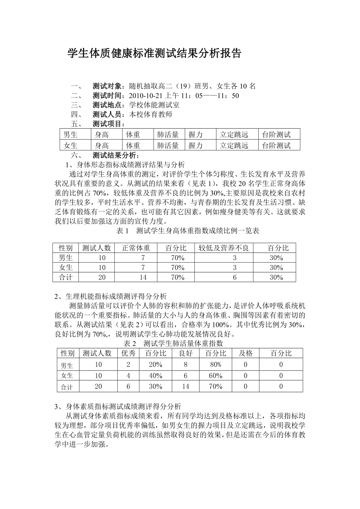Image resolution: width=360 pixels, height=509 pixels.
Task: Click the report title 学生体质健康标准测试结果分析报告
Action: click(155, 54)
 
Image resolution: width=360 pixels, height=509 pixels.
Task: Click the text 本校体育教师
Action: click(151, 115)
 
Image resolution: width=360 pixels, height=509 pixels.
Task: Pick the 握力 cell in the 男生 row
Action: click(196, 135)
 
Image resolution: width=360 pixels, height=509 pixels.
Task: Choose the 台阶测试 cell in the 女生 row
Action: click(276, 146)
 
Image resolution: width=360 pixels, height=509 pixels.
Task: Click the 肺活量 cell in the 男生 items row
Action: click(168, 135)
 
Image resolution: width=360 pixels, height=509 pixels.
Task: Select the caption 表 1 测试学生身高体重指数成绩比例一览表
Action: click(188, 231)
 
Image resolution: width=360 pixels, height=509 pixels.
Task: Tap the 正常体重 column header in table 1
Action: click(136, 248)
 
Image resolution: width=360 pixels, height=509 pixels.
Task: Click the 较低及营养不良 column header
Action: click(223, 248)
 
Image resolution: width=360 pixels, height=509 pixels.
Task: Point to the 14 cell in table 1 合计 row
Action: click(143, 277)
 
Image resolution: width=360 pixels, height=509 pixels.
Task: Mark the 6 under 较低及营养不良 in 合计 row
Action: click(235, 277)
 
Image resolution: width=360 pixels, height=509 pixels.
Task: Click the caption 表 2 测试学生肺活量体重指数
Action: click(173, 344)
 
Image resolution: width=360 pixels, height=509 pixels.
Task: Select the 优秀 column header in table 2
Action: click(128, 353)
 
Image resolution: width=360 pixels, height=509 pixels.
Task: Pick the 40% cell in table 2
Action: click(155, 376)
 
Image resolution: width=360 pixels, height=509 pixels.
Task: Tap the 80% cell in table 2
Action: click(215, 365)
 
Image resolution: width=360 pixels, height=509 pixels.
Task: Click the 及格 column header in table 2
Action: click(246, 353)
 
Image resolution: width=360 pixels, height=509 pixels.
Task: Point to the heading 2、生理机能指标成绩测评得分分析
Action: click(111, 296)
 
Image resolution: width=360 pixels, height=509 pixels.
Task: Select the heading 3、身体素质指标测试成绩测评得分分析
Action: click(118, 406)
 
